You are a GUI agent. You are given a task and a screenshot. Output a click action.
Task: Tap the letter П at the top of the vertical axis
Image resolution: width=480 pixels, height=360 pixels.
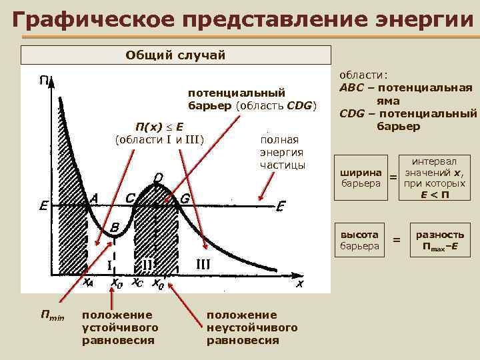[x=43, y=81]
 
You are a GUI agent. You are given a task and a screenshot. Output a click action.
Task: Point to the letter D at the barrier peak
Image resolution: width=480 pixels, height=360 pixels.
[x=157, y=177]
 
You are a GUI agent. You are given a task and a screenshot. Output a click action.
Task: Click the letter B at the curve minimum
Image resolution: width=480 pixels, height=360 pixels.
[x=115, y=227]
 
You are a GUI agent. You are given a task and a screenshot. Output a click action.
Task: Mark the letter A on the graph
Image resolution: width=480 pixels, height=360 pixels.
[x=94, y=198]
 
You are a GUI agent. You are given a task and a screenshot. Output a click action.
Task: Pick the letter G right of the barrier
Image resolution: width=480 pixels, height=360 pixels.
[x=185, y=198]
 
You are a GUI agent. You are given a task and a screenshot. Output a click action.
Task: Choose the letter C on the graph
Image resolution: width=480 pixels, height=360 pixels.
[x=131, y=198]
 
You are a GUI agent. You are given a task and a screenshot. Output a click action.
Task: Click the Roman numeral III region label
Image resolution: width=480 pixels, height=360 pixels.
[x=203, y=263]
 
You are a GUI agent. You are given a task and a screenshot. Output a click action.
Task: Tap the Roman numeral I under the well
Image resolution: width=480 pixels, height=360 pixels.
[x=109, y=265]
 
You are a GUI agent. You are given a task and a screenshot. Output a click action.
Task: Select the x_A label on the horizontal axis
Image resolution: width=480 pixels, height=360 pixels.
[x=88, y=283]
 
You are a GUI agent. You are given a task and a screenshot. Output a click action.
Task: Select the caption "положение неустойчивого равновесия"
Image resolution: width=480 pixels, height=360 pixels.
[x=251, y=327]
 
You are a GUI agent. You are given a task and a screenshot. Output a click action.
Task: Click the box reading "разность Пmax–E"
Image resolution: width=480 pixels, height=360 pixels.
[x=440, y=241]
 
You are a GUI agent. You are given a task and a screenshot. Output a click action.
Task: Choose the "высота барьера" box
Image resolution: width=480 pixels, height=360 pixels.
[x=360, y=241]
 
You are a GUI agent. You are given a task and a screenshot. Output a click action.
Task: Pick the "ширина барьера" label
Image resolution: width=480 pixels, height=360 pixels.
[x=361, y=177]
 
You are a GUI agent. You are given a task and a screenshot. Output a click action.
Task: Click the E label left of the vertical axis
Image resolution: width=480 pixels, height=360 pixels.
[x=43, y=206]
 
